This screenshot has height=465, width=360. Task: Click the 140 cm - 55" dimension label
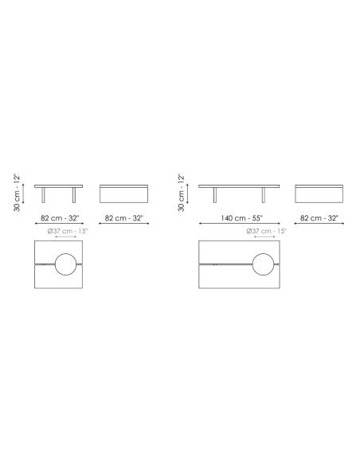[x=241, y=218]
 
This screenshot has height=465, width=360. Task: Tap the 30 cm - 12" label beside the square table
[x=18, y=193]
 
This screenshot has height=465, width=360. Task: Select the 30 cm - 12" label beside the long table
[x=181, y=193]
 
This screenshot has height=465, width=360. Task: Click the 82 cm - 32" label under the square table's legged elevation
[x=60, y=218]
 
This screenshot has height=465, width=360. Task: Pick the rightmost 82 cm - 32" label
[x=319, y=218]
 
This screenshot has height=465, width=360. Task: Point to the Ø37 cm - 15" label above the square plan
[x=68, y=231]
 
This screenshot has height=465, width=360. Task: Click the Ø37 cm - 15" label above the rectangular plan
[x=266, y=231]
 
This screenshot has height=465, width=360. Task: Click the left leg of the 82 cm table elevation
[x=43, y=195]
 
